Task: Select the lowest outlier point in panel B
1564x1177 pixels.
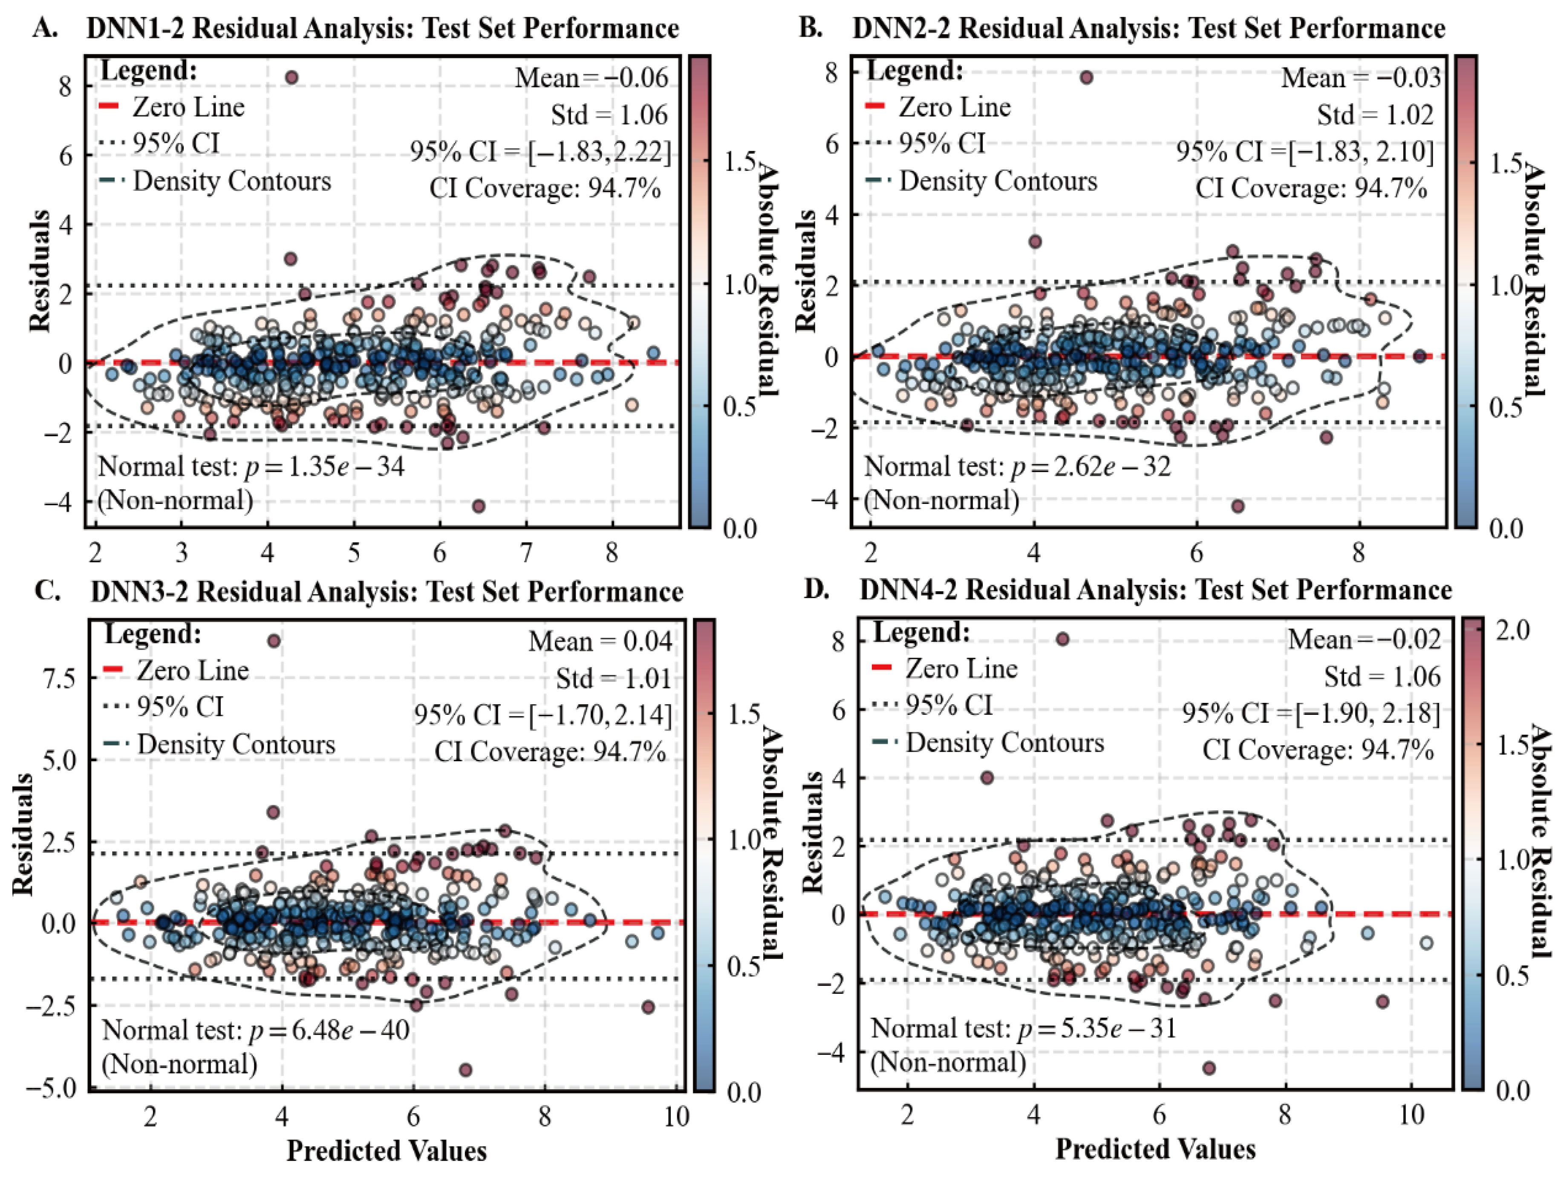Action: coord(1237,506)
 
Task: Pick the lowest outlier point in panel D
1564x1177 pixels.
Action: coord(1209,1068)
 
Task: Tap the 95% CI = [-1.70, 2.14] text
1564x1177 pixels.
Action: coord(543,715)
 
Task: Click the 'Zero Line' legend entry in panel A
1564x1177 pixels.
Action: coord(188,107)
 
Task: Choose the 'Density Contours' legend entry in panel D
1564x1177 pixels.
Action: coord(1004,742)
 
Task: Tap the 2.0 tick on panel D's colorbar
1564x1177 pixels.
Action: coord(1514,629)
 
